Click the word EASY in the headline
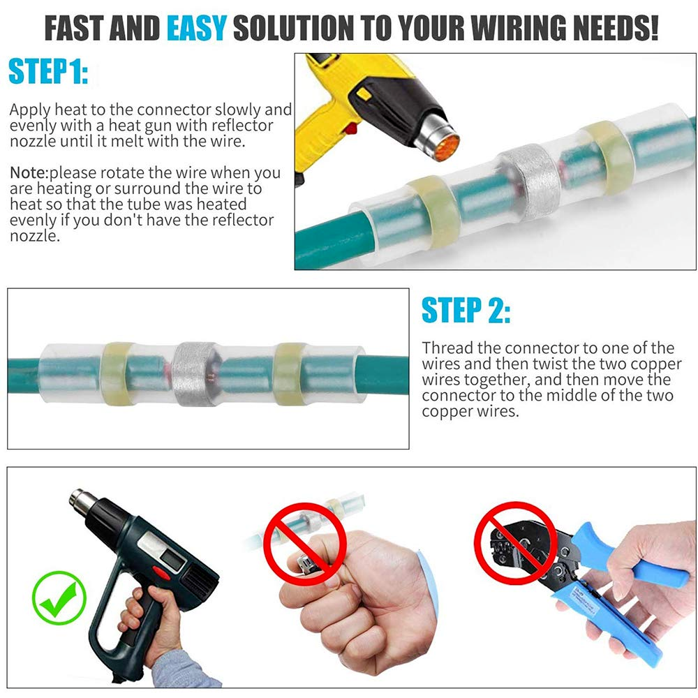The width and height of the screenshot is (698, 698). [196, 29]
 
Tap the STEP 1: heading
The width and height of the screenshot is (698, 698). [48, 72]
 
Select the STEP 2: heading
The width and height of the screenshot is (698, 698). [466, 311]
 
